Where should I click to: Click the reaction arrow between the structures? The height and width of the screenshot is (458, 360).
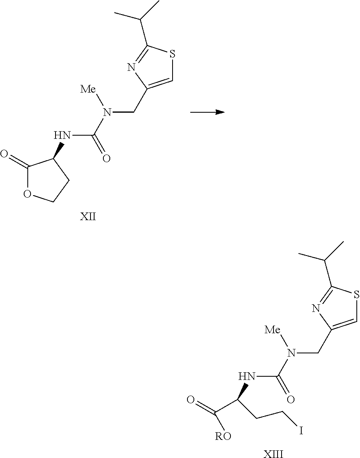point(207,113)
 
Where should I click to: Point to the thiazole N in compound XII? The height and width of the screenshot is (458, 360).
point(131,68)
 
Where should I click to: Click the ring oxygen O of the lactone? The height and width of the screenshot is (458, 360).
point(27,196)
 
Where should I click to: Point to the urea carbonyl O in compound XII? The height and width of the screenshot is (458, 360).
point(106,159)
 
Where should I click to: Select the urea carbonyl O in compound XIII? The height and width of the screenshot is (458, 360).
point(291,399)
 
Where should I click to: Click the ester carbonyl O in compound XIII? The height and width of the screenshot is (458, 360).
point(190,400)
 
